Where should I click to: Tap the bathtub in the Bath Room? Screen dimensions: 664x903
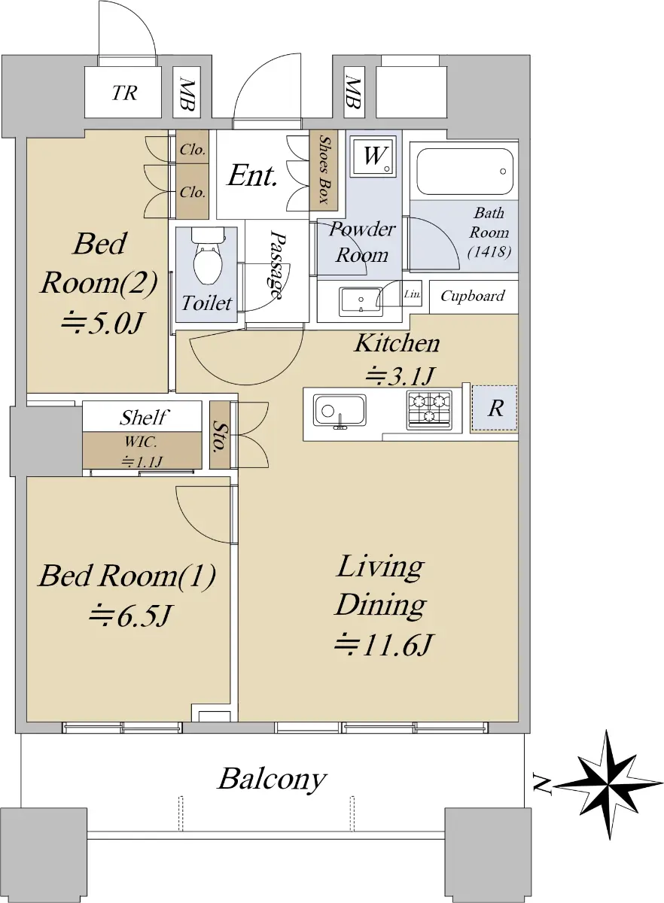pos(464,172)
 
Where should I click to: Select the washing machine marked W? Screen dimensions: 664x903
pos(373,156)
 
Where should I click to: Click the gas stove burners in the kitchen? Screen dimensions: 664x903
pos(429,409)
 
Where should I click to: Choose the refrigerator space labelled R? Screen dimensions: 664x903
pos(495,409)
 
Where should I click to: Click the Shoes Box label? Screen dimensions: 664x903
pos(324,170)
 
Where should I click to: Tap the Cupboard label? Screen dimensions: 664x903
pos(472,296)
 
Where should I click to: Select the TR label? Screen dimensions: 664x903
pos(124,93)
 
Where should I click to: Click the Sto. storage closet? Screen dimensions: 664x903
pos(220,435)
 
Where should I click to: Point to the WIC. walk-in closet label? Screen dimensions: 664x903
pos(140,442)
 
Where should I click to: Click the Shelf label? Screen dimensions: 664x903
pos(143,417)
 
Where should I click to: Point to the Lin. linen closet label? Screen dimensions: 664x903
pos(413,294)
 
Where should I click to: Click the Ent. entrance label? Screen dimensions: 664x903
pos(252,176)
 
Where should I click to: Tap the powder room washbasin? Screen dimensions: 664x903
pos(360,302)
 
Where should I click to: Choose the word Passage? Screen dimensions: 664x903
pos(276,264)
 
